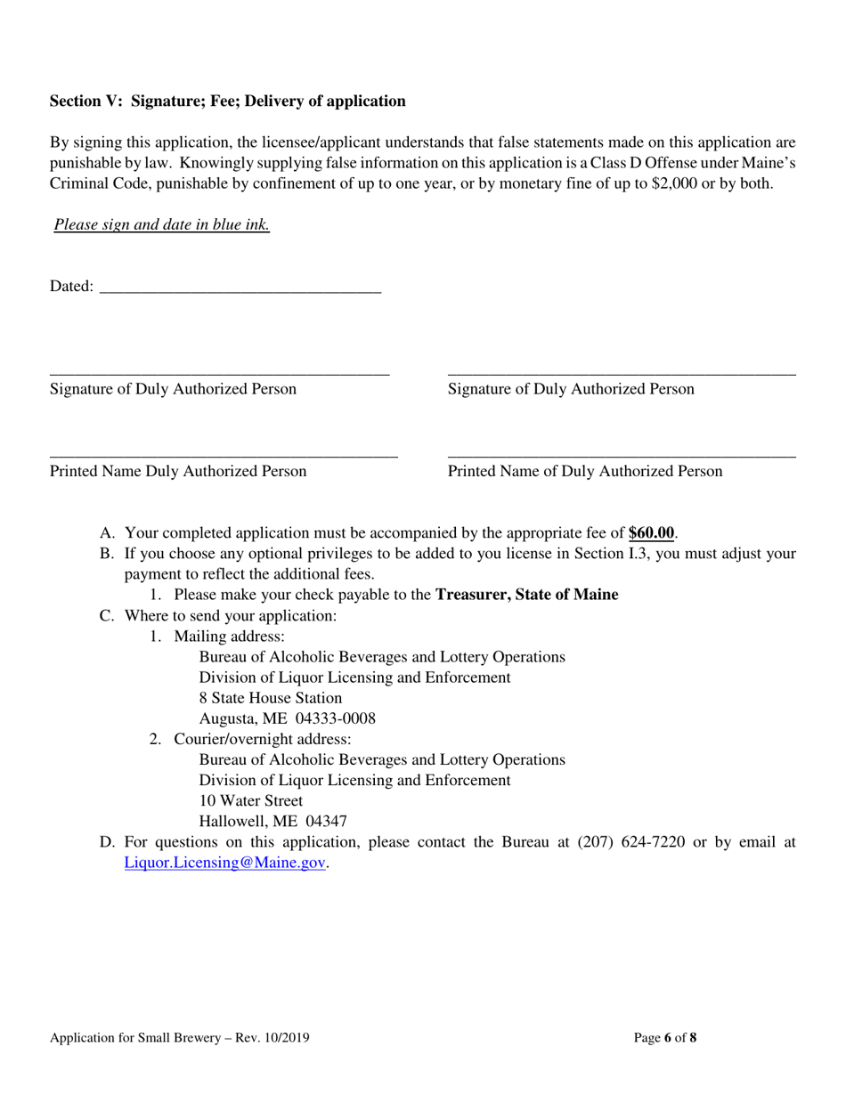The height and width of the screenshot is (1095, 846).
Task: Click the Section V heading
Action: (x=227, y=101)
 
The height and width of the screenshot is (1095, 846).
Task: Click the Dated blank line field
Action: (x=240, y=287)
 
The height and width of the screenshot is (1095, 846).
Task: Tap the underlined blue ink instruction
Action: (x=161, y=225)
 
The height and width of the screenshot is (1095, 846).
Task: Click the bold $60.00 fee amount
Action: (x=650, y=533)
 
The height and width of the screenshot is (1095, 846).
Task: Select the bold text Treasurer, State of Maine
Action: (x=526, y=595)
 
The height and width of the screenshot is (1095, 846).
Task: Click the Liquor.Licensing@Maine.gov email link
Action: (x=224, y=863)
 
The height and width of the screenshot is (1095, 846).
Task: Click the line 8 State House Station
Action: (x=270, y=698)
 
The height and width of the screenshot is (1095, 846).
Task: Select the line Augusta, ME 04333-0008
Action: (x=287, y=718)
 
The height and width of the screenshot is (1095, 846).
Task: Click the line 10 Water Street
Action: (x=250, y=801)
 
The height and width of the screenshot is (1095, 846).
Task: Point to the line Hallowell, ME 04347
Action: (x=273, y=822)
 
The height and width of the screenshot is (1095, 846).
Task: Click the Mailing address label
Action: (x=229, y=637)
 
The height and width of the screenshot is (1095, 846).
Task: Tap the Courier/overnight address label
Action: (x=262, y=739)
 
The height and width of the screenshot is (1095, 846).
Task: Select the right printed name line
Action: (x=621, y=455)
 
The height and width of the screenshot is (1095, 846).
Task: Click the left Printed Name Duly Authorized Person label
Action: (x=178, y=472)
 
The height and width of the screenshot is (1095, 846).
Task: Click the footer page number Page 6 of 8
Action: (x=664, y=1037)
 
